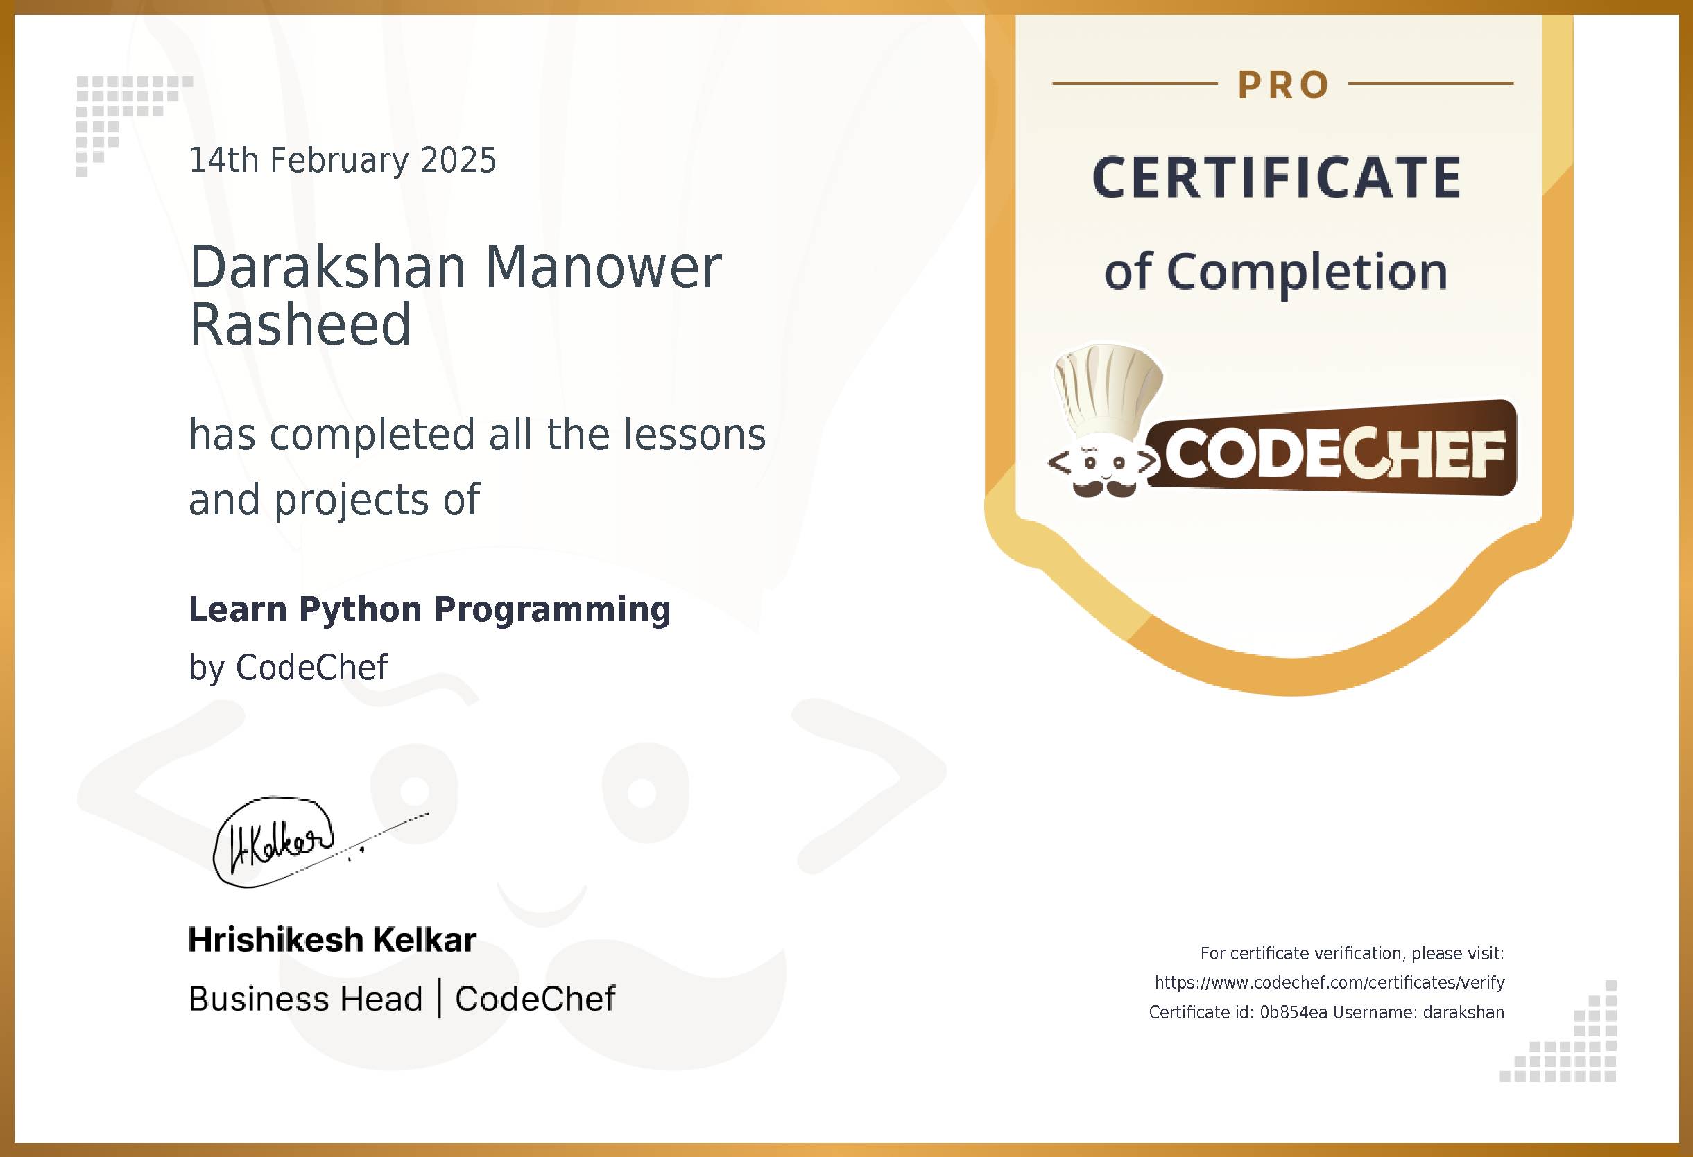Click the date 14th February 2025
coord(343,160)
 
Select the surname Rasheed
coord(300,324)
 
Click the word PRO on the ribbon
coord(1284,85)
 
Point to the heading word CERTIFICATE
coord(1277,177)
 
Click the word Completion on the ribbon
coord(1307,272)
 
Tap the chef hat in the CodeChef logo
coord(1108,390)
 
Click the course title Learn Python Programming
coord(429,609)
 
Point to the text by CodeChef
coord(288,667)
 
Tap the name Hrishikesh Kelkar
coord(332,939)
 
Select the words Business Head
coord(305,998)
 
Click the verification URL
coord(1330,982)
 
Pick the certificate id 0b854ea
coord(1293,1012)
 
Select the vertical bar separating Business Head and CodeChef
coord(439,998)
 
